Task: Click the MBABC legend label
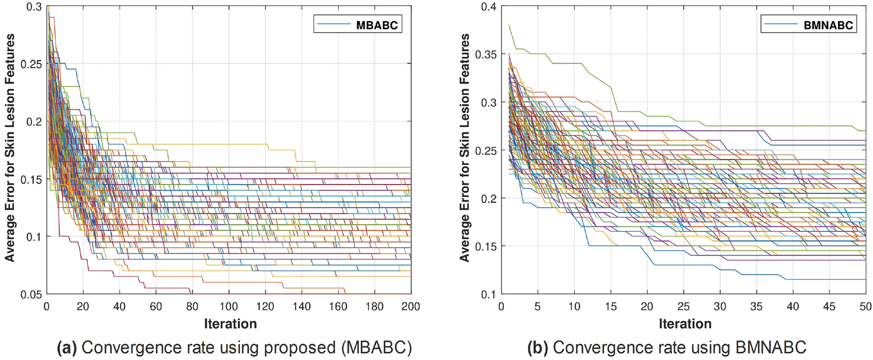click(377, 25)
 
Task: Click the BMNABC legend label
click(828, 25)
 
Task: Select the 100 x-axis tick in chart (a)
click(228, 307)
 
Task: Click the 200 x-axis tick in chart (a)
click(410, 307)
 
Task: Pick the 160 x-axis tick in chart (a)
click(338, 307)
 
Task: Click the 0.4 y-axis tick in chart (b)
click(489, 7)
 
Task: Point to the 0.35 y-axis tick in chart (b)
click(486, 54)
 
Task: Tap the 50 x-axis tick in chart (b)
click(865, 307)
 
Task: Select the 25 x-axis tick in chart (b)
click(683, 307)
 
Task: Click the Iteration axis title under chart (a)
click(230, 324)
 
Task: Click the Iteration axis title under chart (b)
click(685, 324)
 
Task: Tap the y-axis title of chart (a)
click(10, 148)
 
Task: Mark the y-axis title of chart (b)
click(464, 148)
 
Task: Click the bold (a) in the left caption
click(66, 348)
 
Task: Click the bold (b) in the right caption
click(538, 348)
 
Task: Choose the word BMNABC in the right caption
click(771, 348)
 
